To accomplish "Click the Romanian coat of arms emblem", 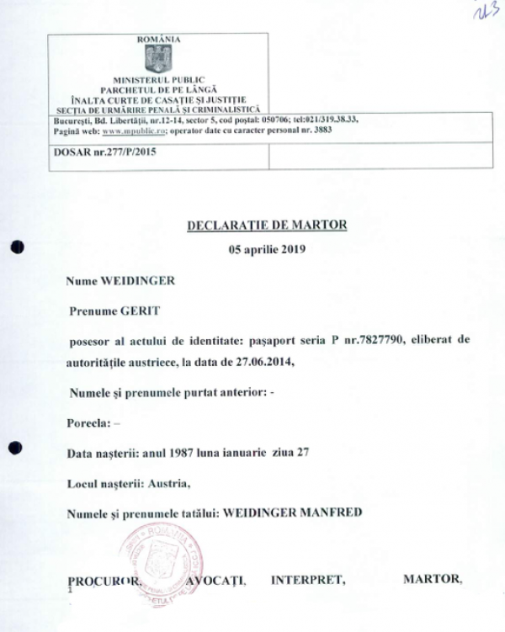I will point(158,59).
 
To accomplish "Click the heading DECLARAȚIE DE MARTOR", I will point(265,225).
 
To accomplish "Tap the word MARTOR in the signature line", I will point(433,581).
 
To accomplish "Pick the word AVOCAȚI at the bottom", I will point(217,581).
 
